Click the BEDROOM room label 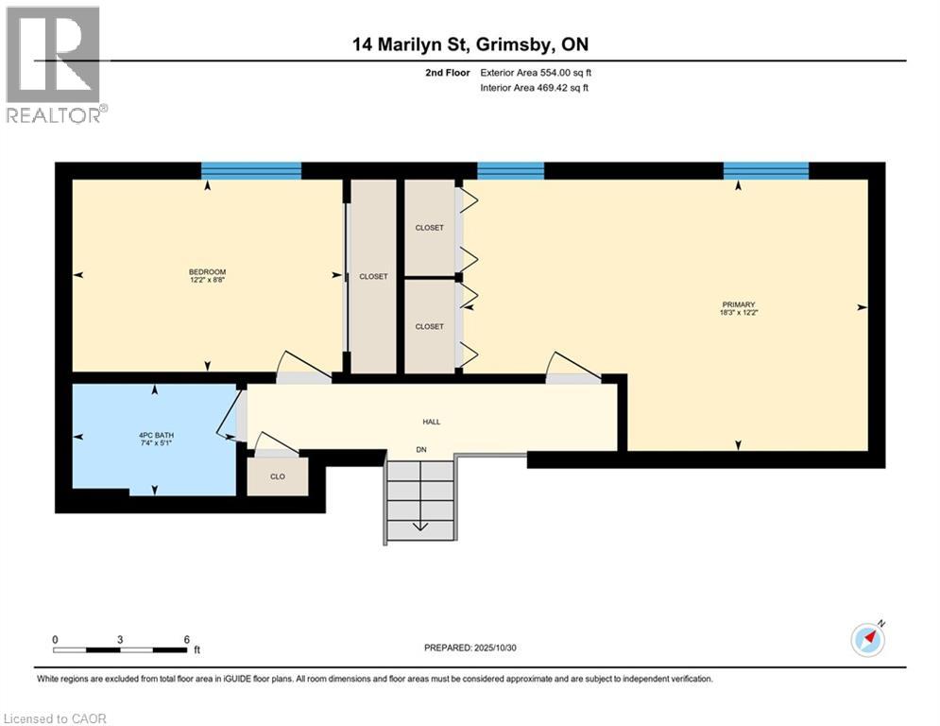(206, 277)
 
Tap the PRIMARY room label (738, 308)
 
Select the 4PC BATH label (156, 439)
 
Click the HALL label (432, 422)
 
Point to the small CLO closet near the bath (278, 476)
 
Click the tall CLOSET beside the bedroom (373, 276)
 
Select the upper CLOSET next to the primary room (429, 228)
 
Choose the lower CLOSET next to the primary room (429, 326)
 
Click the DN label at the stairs (421, 450)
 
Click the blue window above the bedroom (251, 171)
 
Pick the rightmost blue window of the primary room (766, 171)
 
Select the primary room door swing (573, 368)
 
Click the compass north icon (867, 640)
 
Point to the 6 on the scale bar (187, 639)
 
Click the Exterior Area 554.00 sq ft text (536, 72)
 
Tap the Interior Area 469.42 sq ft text (536, 88)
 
